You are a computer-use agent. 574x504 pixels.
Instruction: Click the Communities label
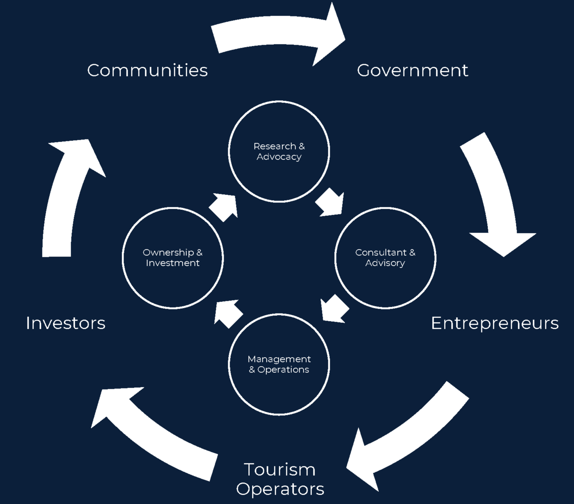tap(147, 70)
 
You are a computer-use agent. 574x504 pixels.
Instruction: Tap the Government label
tap(412, 70)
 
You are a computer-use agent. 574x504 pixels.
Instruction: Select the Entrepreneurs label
tap(495, 323)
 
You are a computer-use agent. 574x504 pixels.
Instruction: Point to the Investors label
tap(66, 323)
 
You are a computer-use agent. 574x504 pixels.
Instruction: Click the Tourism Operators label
tap(280, 479)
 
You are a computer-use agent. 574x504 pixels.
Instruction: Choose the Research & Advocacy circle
tap(279, 151)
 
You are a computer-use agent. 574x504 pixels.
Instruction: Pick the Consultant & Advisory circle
tap(385, 258)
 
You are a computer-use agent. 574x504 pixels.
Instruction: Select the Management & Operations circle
tap(279, 364)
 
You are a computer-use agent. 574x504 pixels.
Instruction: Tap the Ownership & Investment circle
tap(173, 258)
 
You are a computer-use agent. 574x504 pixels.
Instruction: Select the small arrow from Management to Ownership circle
tap(228, 314)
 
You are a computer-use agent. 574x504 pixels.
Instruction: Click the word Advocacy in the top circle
tap(279, 157)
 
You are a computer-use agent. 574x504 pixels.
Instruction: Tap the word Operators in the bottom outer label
tap(280, 489)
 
